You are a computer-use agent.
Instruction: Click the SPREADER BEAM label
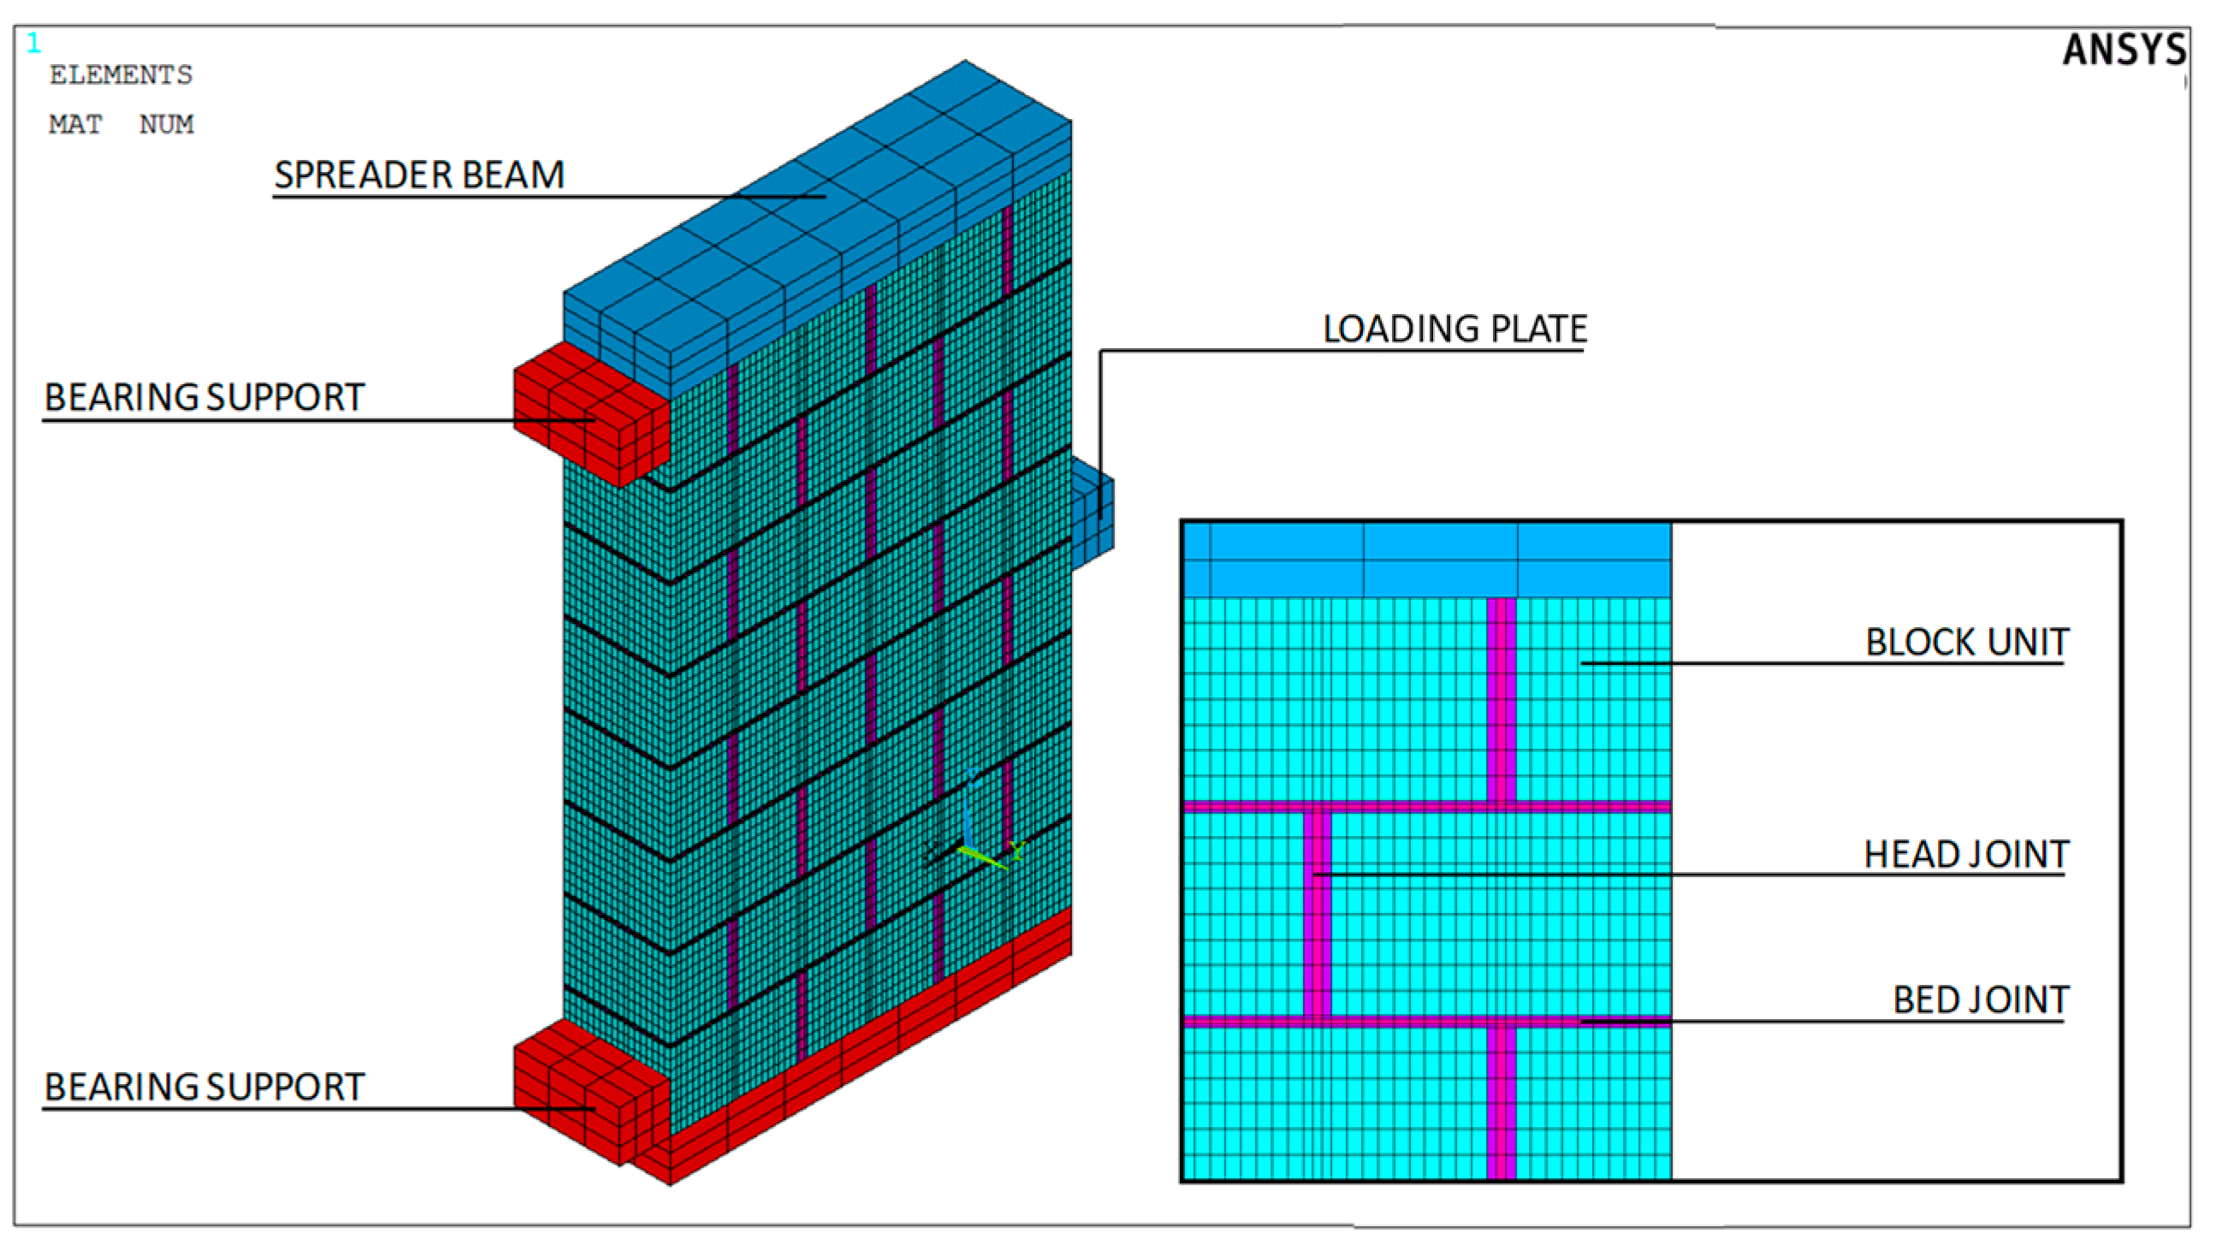pyautogui.click(x=419, y=175)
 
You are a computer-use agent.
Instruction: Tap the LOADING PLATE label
pyautogui.click(x=1454, y=329)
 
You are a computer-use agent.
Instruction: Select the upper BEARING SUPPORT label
pyautogui.click(x=204, y=398)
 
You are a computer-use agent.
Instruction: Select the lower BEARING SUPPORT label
pyautogui.click(x=204, y=1087)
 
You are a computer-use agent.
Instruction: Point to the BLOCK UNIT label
pyautogui.click(x=1966, y=642)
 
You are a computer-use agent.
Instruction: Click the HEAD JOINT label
pyautogui.click(x=1965, y=854)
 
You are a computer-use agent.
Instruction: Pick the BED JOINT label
pyautogui.click(x=1981, y=999)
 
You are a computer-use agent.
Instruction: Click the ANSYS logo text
pyautogui.click(x=2123, y=50)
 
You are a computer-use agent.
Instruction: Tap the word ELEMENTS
pyautogui.click(x=121, y=74)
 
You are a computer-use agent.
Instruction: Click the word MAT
pyautogui.click(x=74, y=125)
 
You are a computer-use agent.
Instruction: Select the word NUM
pyautogui.click(x=166, y=125)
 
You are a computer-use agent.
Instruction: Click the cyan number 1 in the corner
pyautogui.click(x=33, y=43)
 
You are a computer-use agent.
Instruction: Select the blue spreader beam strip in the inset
pyautogui.click(x=1428, y=560)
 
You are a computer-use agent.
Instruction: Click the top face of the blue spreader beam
pyautogui.click(x=817, y=198)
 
